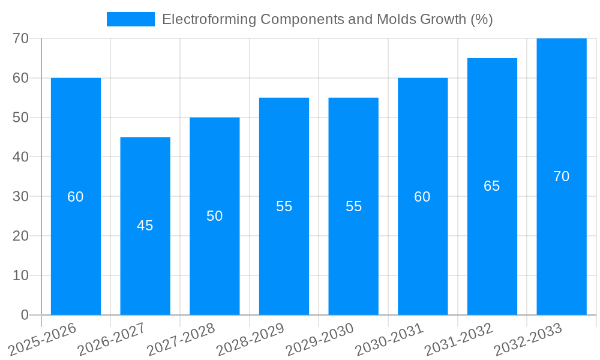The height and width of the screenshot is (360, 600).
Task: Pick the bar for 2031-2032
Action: [492, 240]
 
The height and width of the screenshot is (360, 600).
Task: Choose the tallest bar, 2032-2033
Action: [562, 240]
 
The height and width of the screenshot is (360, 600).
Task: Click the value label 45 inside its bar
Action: [145, 226]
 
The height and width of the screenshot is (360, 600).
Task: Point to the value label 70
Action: [562, 176]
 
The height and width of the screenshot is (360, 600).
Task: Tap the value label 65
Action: [492, 186]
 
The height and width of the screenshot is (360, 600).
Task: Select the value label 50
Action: [215, 216]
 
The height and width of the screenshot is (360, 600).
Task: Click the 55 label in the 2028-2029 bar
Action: [284, 206]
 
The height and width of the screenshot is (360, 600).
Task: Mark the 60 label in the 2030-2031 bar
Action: [422, 197]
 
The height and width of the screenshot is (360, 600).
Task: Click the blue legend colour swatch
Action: [130, 19]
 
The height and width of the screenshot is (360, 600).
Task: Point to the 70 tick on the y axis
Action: [21, 38]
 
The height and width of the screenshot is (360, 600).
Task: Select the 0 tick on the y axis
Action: [25, 315]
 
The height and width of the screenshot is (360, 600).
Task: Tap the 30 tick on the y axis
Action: [21, 196]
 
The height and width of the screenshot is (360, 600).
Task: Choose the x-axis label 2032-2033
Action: [529, 340]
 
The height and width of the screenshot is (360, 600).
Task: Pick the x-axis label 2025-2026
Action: [43, 340]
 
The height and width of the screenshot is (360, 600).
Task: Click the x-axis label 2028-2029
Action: [251, 340]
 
